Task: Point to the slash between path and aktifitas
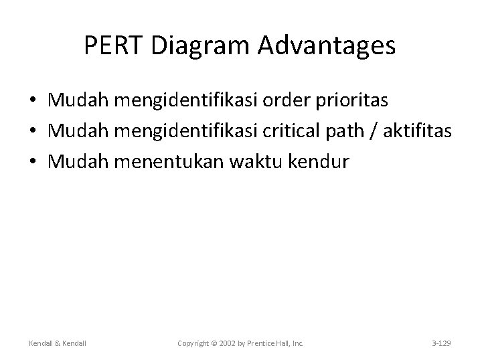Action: click(x=379, y=131)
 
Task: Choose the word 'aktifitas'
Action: click(x=421, y=131)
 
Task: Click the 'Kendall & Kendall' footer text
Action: click(x=58, y=343)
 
